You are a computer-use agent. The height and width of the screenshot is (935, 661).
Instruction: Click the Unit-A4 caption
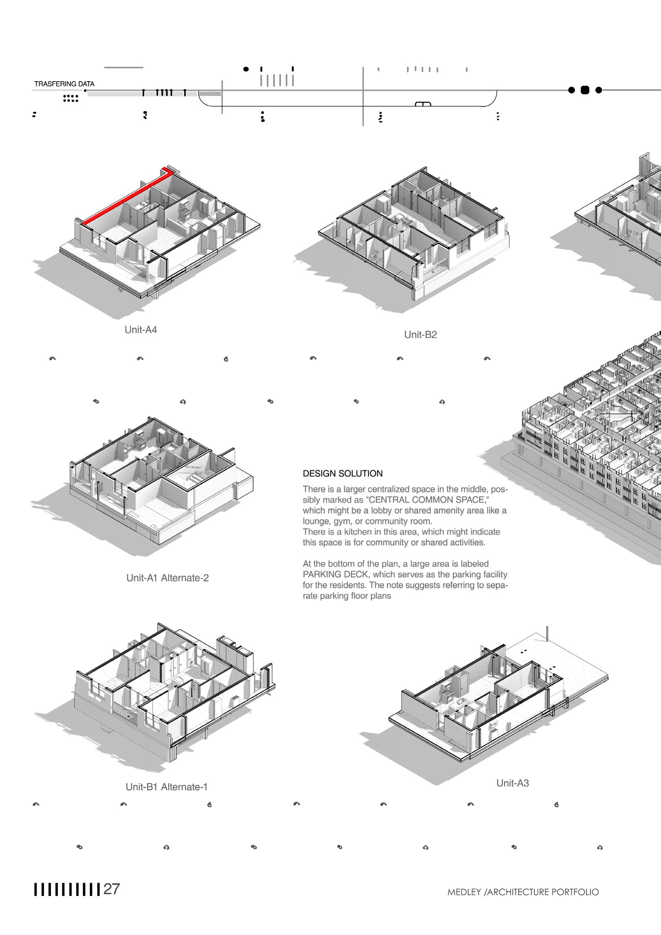click(x=141, y=330)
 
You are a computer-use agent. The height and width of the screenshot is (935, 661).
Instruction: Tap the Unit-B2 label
click(x=420, y=335)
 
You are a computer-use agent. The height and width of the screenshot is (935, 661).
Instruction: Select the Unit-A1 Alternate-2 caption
click(x=167, y=578)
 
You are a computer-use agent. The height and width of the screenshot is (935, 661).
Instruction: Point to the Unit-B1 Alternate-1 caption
click(x=167, y=787)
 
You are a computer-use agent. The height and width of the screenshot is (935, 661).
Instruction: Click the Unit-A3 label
click(x=512, y=783)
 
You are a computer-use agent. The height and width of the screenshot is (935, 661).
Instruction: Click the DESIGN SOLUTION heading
click(x=342, y=474)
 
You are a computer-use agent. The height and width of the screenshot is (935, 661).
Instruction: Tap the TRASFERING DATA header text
click(x=64, y=84)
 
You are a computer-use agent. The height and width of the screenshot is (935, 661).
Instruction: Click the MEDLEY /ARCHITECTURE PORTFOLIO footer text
click(x=523, y=892)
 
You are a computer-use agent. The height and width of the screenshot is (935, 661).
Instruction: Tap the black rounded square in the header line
click(x=585, y=90)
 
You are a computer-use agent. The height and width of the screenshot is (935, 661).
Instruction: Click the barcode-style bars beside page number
click(x=67, y=890)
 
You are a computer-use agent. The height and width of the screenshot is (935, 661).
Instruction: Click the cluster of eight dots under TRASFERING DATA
click(x=70, y=99)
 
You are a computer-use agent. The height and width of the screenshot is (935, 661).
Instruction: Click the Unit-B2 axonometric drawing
click(x=412, y=236)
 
